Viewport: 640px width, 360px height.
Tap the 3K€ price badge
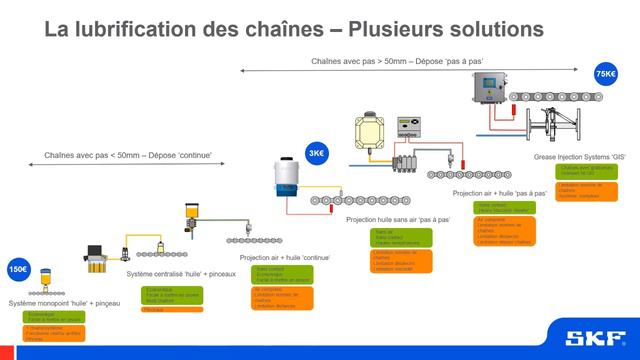(x=317, y=153)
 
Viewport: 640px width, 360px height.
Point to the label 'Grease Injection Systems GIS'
(x=586, y=156)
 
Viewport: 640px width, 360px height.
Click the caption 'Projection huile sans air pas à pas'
(x=398, y=218)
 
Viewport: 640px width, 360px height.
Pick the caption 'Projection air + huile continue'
(x=284, y=257)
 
